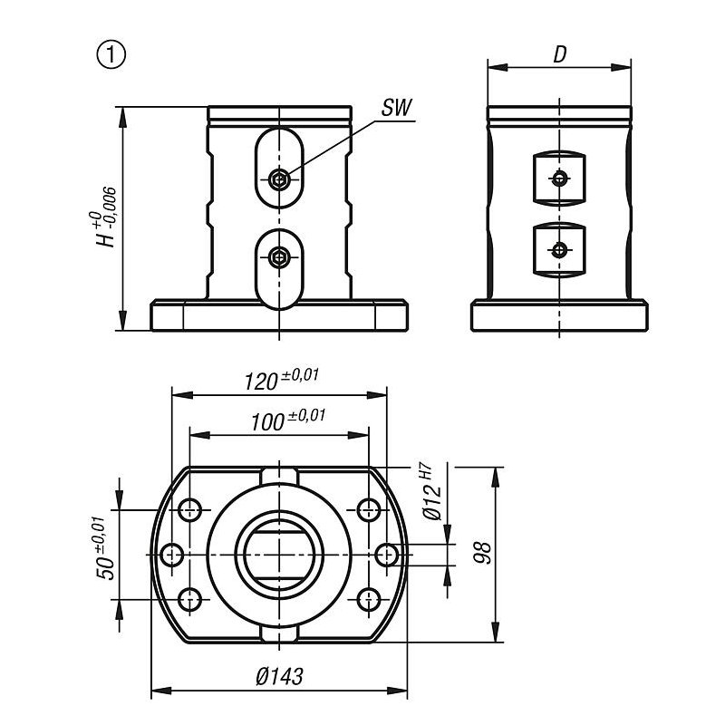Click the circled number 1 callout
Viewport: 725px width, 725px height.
pos(111,54)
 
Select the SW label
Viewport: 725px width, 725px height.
pos(395,109)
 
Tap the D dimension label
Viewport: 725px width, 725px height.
pos(560,54)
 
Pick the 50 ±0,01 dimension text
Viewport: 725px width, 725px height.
pos(107,551)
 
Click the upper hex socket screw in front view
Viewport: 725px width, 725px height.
pos(280,179)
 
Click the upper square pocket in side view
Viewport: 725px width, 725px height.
pos(560,178)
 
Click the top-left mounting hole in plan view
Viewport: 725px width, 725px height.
pos(190,509)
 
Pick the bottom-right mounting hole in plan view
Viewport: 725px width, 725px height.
pos(368,598)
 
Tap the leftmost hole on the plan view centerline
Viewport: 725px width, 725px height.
pos(170,554)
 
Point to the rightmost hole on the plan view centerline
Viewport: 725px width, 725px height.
pos(388,554)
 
